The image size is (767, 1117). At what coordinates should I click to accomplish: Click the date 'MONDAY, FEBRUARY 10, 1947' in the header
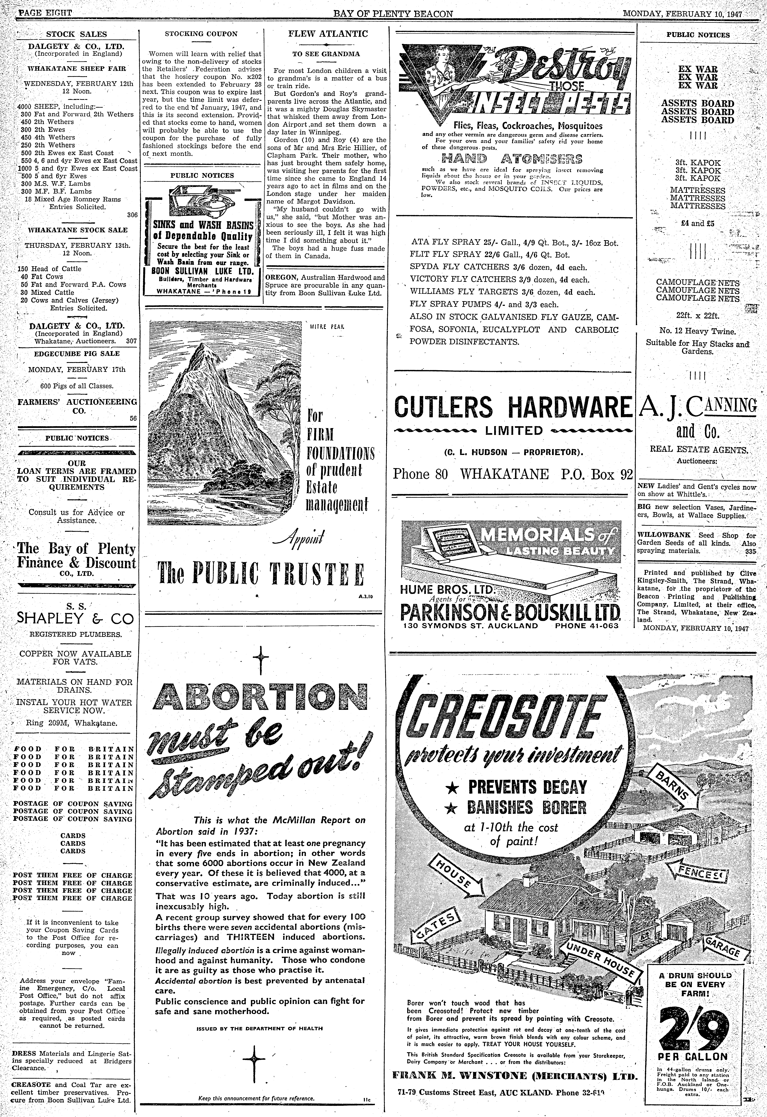(682, 14)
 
